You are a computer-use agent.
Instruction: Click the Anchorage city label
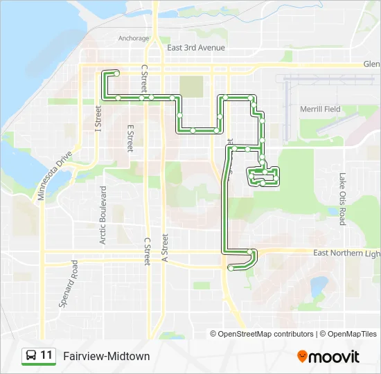[134, 38]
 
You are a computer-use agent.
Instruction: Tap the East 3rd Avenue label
[196, 48]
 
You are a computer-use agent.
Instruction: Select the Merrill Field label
[320, 109]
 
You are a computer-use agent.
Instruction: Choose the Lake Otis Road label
[342, 199]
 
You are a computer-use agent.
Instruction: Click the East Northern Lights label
[346, 253]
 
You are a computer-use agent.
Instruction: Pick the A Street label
[166, 247]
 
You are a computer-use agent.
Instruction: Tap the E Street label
[130, 138]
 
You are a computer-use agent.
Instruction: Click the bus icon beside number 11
[31, 356]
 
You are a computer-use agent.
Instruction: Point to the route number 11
[46, 355]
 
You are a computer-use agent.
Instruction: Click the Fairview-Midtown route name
[106, 356]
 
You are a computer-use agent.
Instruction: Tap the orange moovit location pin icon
[302, 356]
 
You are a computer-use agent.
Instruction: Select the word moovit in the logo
[335, 357]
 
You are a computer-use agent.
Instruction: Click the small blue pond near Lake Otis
[319, 285]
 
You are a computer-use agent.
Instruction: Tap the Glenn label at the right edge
[371, 64]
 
